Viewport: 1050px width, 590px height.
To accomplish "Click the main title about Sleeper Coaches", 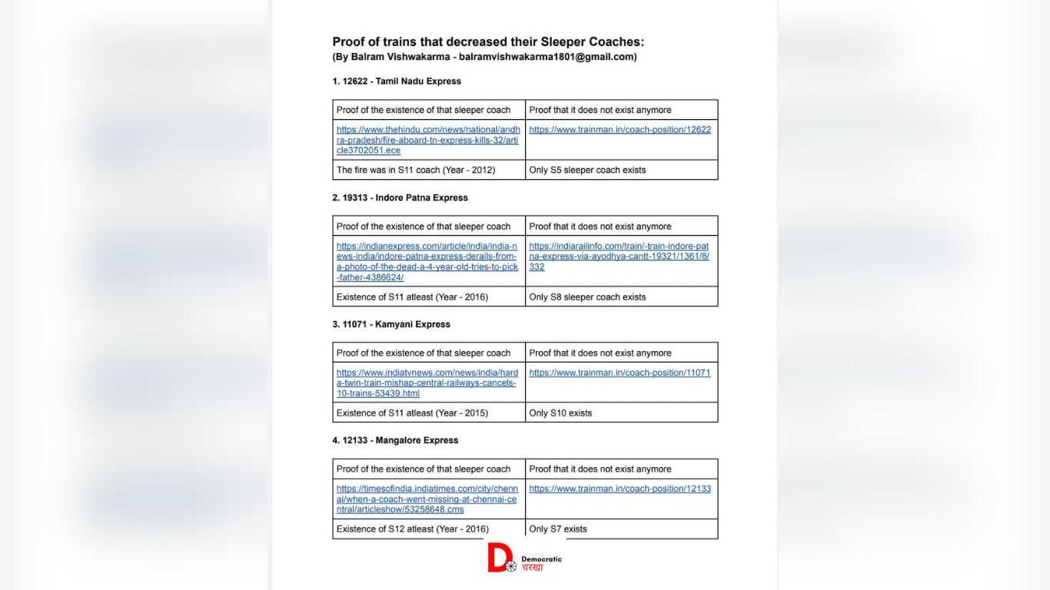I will click(488, 42).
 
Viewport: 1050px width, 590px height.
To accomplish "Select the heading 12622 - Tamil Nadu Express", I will click(397, 81).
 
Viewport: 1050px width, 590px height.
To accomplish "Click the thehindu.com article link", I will click(428, 140).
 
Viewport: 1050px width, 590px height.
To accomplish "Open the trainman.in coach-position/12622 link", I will click(620, 130).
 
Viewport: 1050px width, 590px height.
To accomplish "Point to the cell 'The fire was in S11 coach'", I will click(416, 170).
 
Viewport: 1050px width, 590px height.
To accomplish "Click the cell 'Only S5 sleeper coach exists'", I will click(587, 170).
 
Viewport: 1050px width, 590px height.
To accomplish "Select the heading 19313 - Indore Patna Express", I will click(400, 197).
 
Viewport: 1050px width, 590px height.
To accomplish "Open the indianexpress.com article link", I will click(427, 261).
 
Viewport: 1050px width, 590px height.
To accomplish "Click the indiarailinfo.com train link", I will click(619, 257).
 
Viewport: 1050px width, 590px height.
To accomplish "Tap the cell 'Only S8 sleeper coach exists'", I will click(587, 297).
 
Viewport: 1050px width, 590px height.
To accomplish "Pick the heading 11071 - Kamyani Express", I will click(391, 324).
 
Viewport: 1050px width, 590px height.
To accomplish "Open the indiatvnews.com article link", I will click(427, 383).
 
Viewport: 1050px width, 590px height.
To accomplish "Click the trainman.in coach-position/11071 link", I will click(620, 373).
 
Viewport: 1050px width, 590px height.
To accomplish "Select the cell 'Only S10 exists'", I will click(560, 413).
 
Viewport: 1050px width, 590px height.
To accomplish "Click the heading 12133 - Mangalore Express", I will click(395, 440).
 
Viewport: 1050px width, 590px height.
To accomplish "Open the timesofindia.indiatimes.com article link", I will click(427, 499).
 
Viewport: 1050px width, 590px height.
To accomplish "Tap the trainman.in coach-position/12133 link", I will click(620, 489).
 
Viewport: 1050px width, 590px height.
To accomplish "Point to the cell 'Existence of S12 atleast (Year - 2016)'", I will click(412, 529).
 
